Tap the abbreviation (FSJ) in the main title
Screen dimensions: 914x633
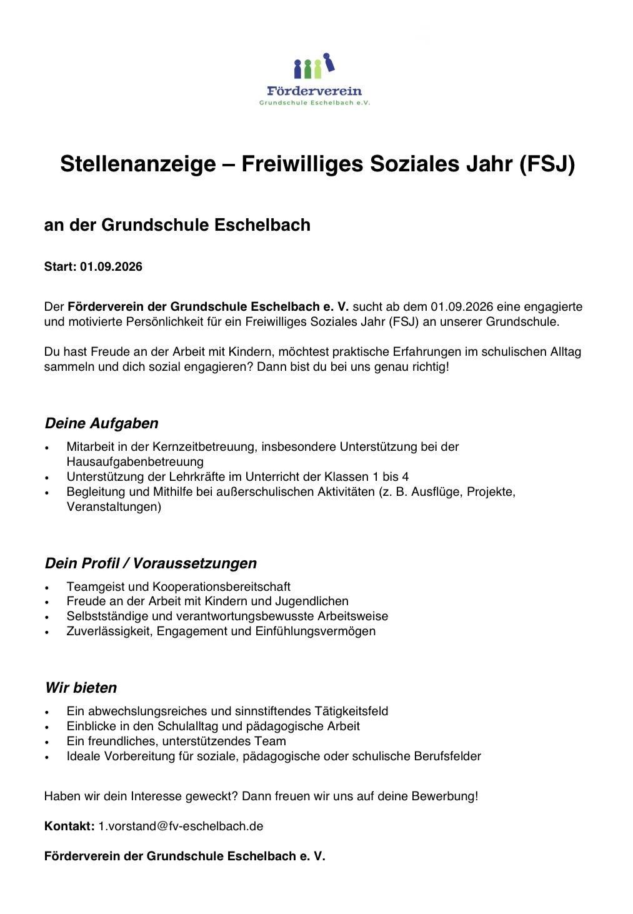pyautogui.click(x=546, y=164)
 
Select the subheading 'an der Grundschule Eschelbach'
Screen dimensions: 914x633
pyautogui.click(x=177, y=225)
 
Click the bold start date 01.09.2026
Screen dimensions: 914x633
pyautogui.click(x=111, y=267)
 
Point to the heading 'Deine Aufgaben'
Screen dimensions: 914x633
pyautogui.click(x=101, y=423)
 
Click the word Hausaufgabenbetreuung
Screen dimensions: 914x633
pyautogui.click(x=135, y=462)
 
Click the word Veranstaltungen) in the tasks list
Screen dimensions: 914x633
pyautogui.click(x=114, y=506)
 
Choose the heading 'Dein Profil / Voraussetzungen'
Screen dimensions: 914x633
pyautogui.click(x=151, y=563)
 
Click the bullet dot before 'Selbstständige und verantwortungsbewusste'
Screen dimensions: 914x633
pyautogui.click(x=47, y=617)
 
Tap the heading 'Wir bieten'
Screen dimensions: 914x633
pyautogui.click(x=81, y=688)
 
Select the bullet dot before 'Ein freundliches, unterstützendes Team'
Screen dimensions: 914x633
pyautogui.click(x=47, y=742)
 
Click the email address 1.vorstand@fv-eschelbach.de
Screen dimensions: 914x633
pyautogui.click(x=181, y=826)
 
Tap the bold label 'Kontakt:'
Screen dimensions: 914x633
pyautogui.click(x=69, y=826)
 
